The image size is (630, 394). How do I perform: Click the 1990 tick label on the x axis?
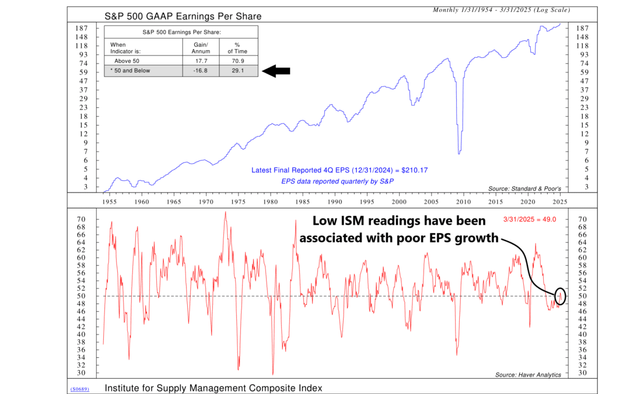click(x=335, y=201)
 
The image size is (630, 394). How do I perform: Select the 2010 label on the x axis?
click(x=463, y=201)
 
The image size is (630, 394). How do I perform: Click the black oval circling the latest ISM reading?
click(x=561, y=296)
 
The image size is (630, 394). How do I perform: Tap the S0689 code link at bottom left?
click(x=79, y=388)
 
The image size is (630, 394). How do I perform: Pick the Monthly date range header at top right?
click(x=501, y=10)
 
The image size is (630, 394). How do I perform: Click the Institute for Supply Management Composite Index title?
click(x=213, y=388)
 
